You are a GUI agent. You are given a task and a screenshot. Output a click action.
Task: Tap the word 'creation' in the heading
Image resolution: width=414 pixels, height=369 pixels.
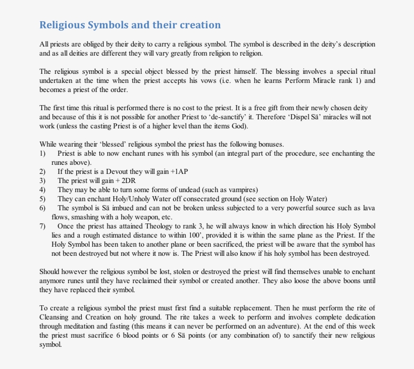(x=199, y=25)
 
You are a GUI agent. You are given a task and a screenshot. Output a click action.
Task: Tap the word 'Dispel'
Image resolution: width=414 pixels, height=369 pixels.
(x=317, y=117)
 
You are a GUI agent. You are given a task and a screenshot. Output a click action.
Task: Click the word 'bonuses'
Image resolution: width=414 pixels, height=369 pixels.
(x=273, y=144)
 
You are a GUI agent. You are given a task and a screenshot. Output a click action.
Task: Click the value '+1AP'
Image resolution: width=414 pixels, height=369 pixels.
(x=180, y=171)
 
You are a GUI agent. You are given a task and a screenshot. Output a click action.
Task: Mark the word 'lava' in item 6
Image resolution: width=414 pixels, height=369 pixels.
(x=369, y=208)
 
